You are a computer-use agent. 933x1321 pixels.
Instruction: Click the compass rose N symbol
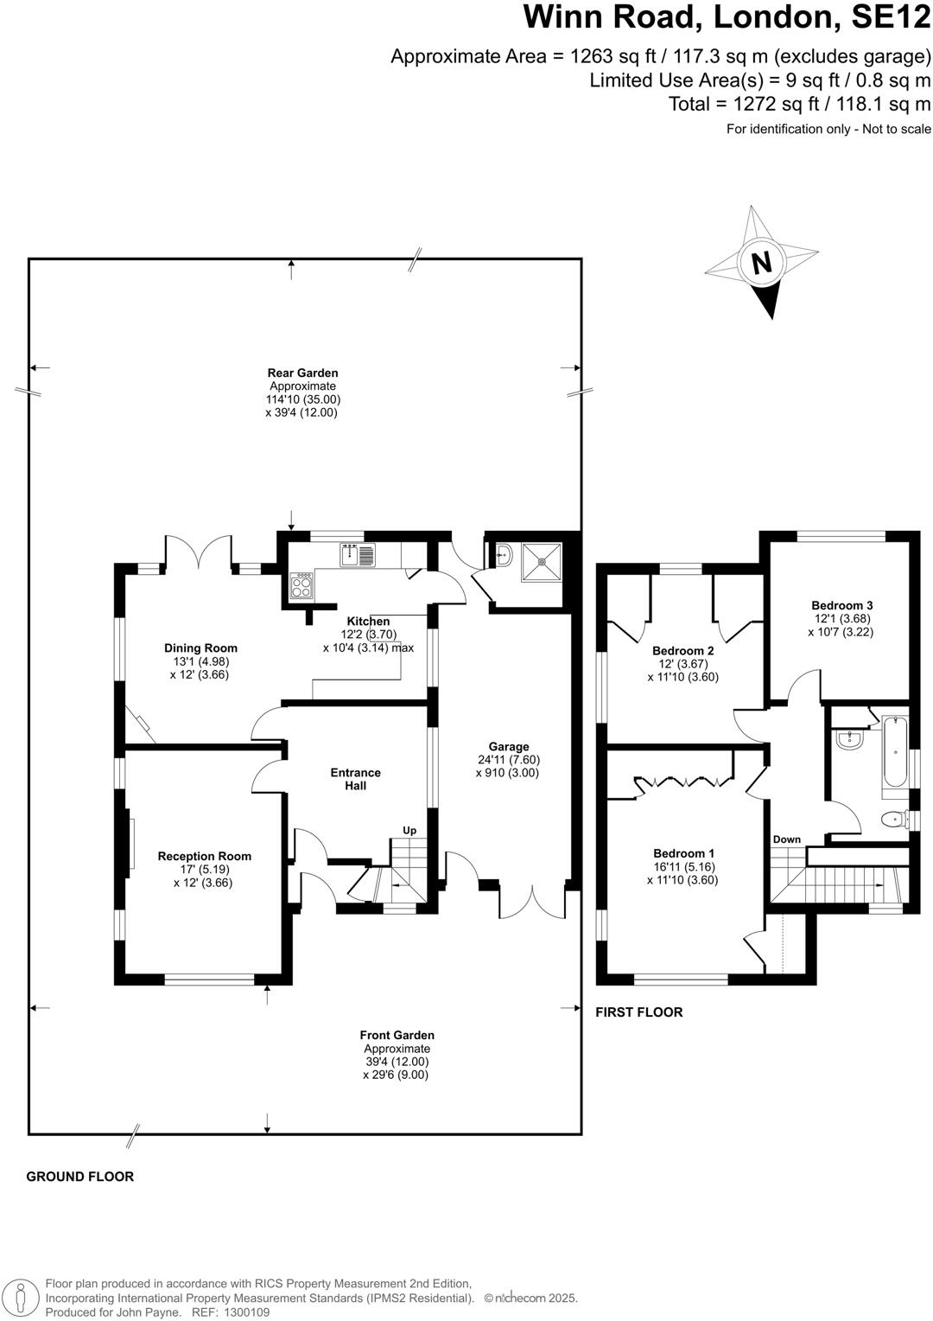(x=761, y=262)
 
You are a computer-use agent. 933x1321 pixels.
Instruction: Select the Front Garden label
(x=397, y=1035)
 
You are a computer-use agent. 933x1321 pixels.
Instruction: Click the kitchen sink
(x=356, y=554)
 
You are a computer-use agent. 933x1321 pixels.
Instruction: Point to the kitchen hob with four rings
(x=302, y=586)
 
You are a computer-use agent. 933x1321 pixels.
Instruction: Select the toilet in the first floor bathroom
(x=890, y=819)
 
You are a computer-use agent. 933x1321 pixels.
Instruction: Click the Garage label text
(x=508, y=747)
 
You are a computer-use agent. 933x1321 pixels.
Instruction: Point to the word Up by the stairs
(x=409, y=831)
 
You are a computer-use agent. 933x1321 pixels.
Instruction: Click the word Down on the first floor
(x=786, y=839)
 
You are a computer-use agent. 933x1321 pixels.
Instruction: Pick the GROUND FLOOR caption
(x=80, y=1177)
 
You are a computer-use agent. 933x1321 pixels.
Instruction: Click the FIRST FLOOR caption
(x=639, y=1012)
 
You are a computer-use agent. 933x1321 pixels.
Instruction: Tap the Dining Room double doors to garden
(x=200, y=553)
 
